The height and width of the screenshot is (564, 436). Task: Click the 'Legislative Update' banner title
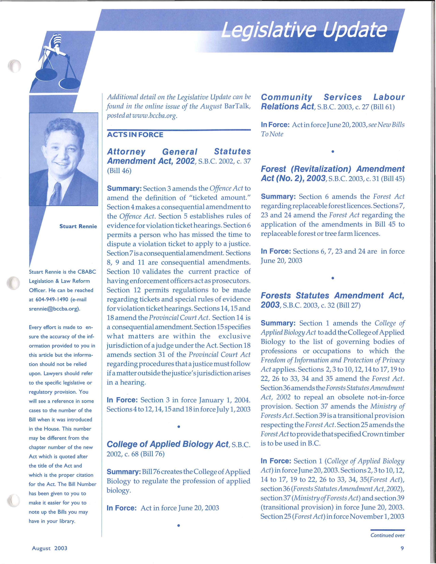click(305, 31)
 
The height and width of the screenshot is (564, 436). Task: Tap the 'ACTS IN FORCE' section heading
click(135, 135)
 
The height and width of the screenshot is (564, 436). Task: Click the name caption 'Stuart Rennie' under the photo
click(78, 226)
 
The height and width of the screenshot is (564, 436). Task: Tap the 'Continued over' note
click(387, 535)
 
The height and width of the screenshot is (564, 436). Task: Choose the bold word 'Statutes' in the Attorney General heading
click(232, 152)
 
